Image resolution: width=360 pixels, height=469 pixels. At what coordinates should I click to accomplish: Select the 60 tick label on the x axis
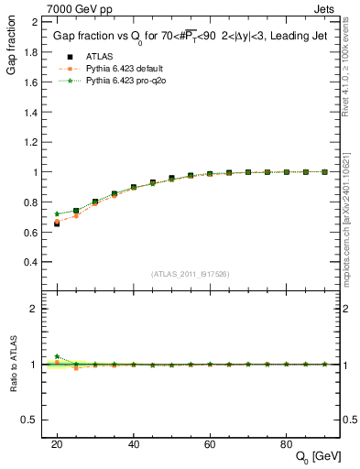210,443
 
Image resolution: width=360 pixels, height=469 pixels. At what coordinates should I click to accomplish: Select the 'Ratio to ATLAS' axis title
15,364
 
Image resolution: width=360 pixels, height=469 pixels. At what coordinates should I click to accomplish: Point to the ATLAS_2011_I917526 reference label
190,275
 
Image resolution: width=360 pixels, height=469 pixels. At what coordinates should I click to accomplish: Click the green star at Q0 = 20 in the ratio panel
57,356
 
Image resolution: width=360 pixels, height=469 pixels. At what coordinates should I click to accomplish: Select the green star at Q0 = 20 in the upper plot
57,214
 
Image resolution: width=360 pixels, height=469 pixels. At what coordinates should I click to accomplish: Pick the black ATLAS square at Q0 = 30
95,202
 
